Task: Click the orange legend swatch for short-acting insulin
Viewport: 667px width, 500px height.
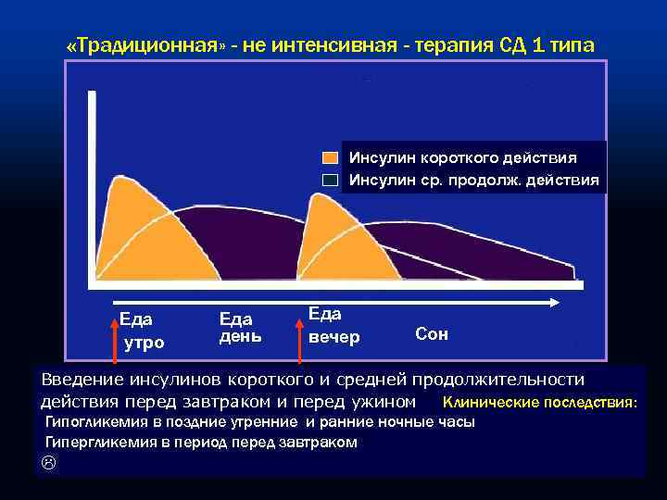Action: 332,158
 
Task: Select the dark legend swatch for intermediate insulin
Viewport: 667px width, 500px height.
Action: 332,180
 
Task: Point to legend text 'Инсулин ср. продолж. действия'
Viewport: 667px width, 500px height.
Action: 473,179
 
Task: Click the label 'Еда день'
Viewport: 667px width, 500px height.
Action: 240,326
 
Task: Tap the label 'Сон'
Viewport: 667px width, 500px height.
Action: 432,333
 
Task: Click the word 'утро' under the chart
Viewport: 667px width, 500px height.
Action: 145,343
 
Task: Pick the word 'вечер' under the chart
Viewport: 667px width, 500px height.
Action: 334,337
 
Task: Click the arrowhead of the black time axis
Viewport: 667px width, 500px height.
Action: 554,302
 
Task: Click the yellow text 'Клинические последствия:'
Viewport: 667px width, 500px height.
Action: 540,403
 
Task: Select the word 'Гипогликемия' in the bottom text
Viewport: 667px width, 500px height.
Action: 93,422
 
